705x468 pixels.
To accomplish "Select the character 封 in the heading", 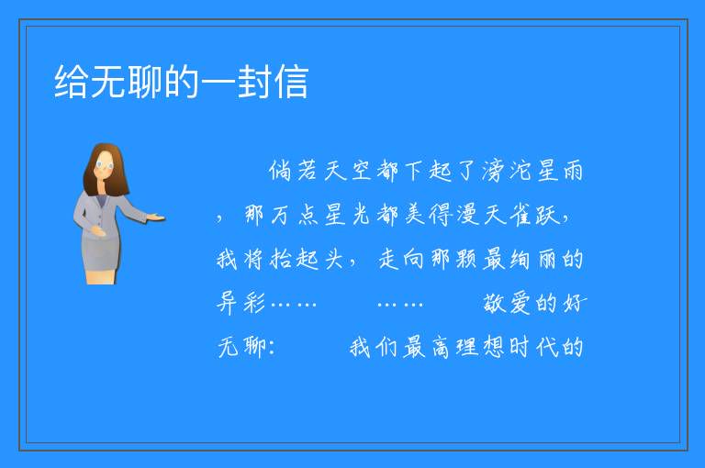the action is pyautogui.click(x=254, y=82).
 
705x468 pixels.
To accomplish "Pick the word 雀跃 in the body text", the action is pyautogui.click(x=534, y=215).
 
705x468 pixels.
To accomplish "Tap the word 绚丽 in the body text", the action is pyautogui.click(x=533, y=259).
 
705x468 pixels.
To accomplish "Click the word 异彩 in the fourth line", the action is pyautogui.click(x=241, y=303).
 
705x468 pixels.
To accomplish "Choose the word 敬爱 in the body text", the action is pyautogui.click(x=507, y=303).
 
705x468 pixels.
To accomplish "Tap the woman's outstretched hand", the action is pyautogui.click(x=156, y=218).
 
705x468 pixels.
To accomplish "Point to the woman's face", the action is pyautogui.click(x=105, y=164).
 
